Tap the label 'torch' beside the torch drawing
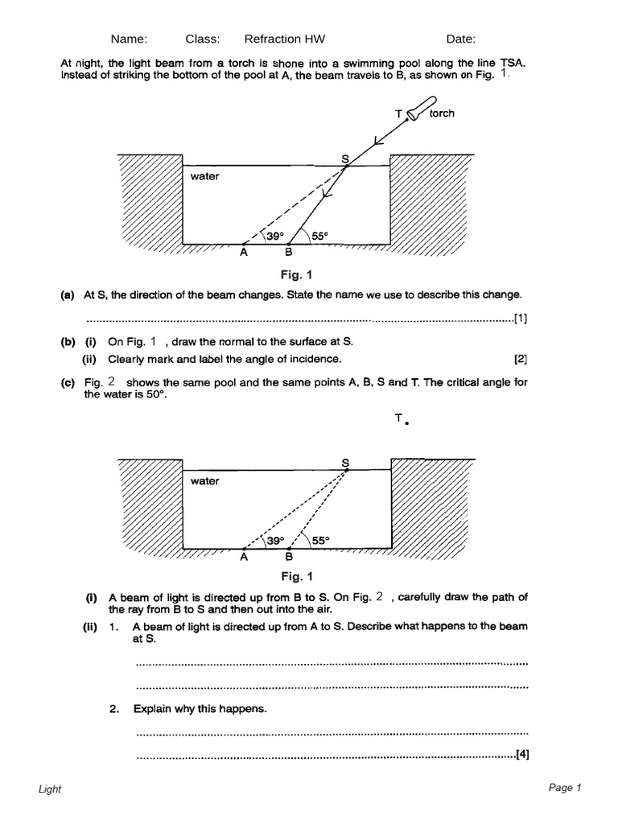pyautogui.click(x=442, y=113)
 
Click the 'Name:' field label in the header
pyautogui.click(x=129, y=39)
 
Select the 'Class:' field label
pyautogui.click(x=203, y=39)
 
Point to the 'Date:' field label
pyautogui.click(x=461, y=39)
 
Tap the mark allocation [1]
pyautogui.click(x=521, y=318)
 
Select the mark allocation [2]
pyautogui.click(x=521, y=358)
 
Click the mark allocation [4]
pyautogui.click(x=521, y=755)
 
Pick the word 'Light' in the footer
pyautogui.click(x=50, y=789)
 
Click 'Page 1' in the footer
pyautogui.click(x=564, y=788)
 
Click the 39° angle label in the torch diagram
pyautogui.click(x=276, y=236)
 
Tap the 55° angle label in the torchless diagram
pyautogui.click(x=322, y=541)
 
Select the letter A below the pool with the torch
pyautogui.click(x=244, y=251)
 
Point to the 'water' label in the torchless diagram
pyautogui.click(x=205, y=481)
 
